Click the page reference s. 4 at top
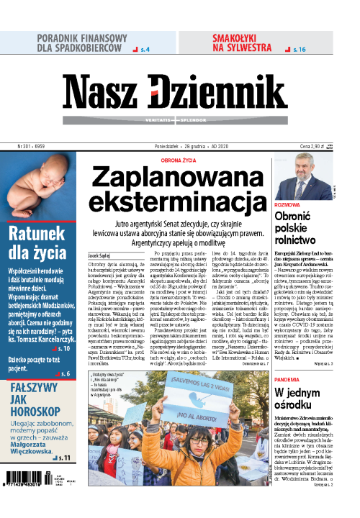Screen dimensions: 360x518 143,49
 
